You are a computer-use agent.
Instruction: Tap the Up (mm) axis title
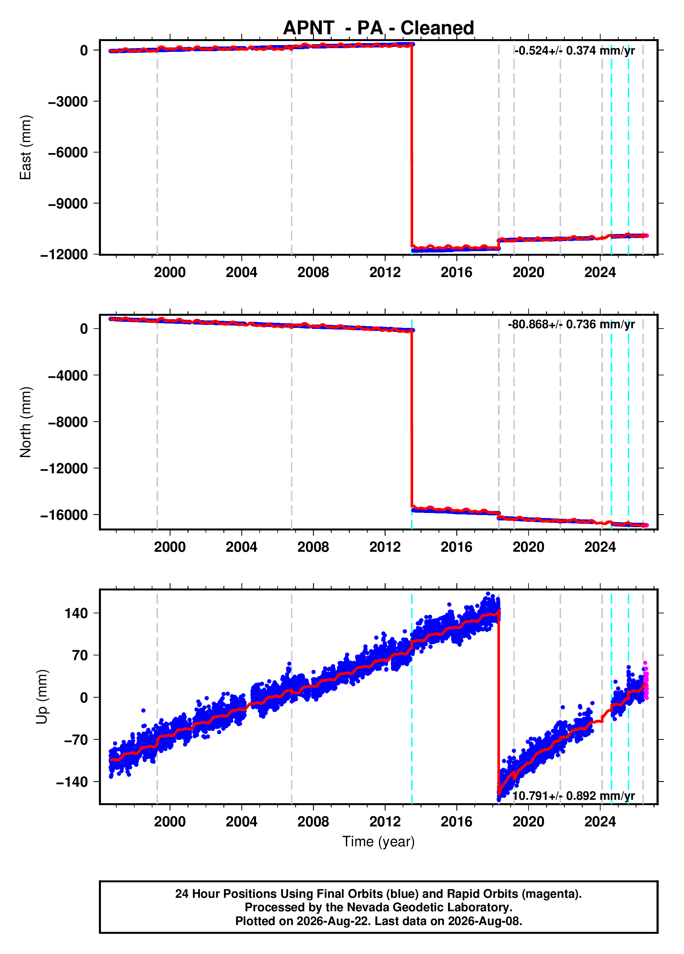42,696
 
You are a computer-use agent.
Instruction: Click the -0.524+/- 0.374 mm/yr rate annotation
575,50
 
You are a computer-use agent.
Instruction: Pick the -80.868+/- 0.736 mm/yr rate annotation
571,324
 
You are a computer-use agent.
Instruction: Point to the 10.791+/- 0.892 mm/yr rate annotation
573,796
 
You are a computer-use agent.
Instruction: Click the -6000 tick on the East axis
68,152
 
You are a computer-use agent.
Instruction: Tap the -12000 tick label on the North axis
64,468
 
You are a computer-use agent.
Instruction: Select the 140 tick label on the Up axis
76,613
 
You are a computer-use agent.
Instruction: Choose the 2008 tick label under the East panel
313,273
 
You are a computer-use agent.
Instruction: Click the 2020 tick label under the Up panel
529,821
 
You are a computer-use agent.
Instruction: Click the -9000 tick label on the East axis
68,204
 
